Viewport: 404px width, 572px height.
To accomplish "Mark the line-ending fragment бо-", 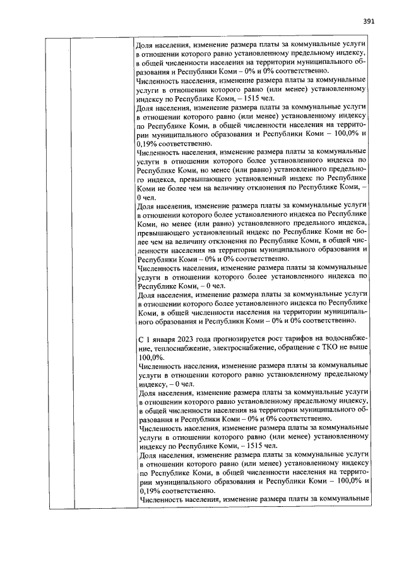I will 363,241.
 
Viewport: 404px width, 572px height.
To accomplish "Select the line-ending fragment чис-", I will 362,250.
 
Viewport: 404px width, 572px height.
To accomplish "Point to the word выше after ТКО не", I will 357,348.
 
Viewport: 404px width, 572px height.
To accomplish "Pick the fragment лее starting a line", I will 143,250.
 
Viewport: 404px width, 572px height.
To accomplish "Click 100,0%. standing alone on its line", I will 150,356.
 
